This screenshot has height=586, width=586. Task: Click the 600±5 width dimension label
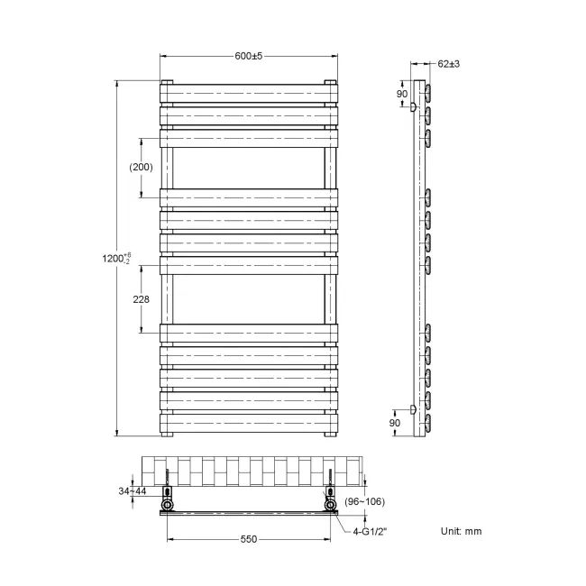tap(248, 56)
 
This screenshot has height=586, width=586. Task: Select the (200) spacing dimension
tap(141, 167)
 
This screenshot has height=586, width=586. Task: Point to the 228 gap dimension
tap(140, 300)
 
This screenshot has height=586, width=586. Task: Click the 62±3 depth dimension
tap(448, 64)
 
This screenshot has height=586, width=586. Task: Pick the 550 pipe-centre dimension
tap(248, 539)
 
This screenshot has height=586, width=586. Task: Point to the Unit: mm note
tap(462, 531)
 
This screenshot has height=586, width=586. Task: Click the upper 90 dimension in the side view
tap(403, 94)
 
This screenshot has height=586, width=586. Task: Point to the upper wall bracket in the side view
tap(413, 107)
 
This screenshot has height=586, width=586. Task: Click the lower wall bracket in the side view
tap(413, 409)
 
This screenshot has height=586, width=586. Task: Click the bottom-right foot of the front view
tap(331, 434)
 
